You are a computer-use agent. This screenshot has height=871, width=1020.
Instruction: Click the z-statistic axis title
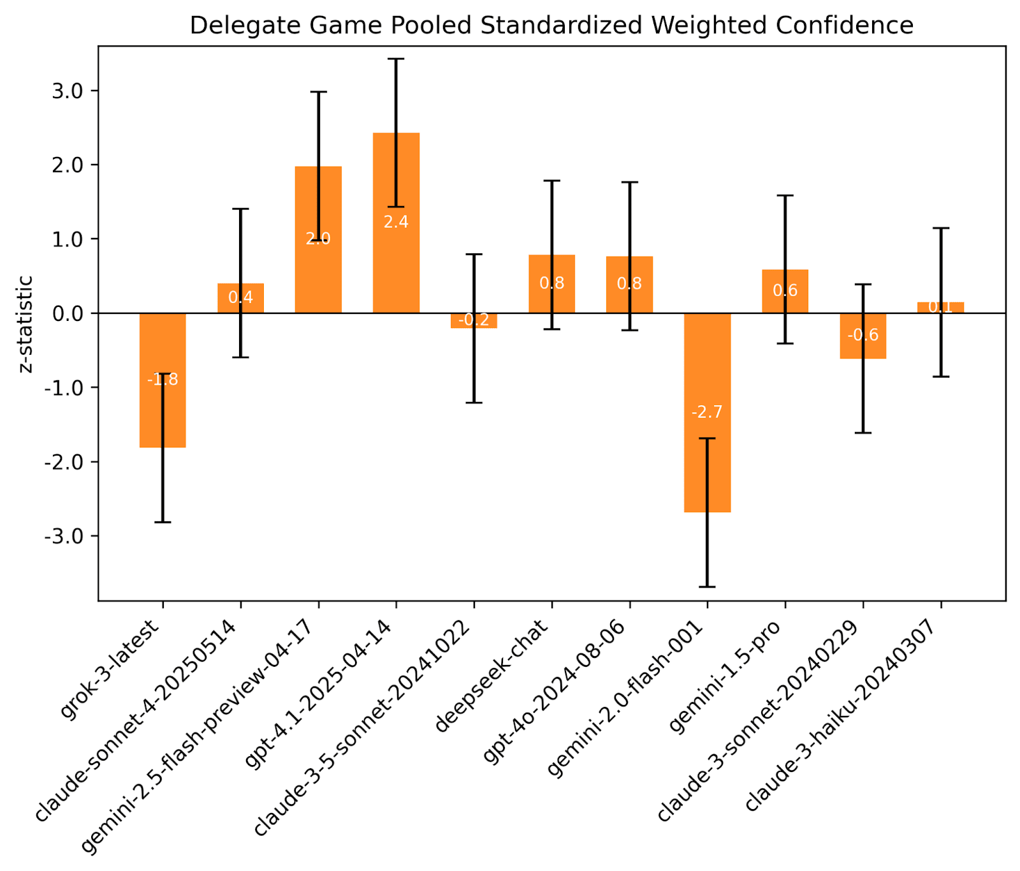[25, 324]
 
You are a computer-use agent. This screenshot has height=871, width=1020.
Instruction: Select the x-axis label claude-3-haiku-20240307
[841, 715]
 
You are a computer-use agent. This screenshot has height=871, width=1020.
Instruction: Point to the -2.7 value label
[707, 412]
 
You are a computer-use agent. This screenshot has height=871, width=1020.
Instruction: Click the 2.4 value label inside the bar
[396, 222]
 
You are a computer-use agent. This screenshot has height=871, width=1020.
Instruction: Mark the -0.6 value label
[863, 335]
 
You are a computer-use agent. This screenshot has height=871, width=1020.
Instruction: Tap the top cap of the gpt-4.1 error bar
[396, 59]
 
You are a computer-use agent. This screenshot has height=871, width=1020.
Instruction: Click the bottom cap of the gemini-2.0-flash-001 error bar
[707, 586]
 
